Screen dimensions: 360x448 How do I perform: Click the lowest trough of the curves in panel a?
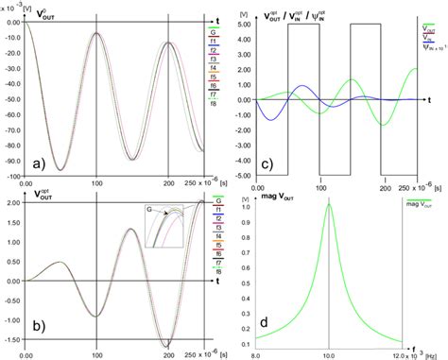coord(59,170)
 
